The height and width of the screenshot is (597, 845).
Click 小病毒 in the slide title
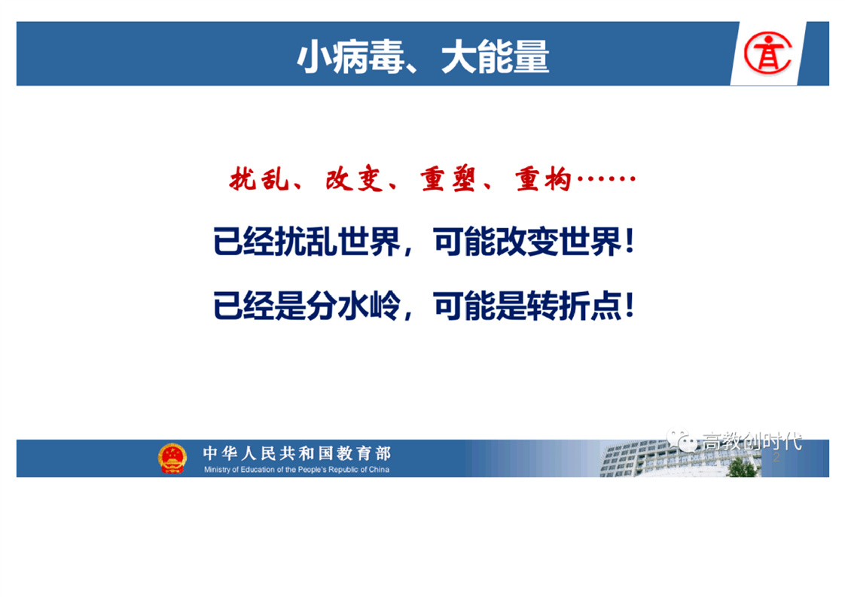coord(350,56)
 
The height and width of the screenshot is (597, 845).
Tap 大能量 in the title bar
coord(496,56)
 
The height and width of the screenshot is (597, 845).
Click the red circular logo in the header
coord(768,53)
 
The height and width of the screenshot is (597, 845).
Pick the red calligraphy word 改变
coord(354,179)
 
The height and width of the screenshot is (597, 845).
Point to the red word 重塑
coord(448,179)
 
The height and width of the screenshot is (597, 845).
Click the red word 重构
coord(543,179)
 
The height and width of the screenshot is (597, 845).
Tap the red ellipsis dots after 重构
coord(606,178)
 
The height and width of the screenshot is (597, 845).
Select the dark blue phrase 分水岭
coord(353,306)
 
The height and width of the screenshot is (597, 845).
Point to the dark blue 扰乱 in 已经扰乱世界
coord(306,242)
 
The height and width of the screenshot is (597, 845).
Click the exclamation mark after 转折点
coord(629,306)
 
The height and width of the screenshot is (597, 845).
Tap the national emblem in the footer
coord(172,458)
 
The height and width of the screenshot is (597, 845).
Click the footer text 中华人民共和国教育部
coord(297,453)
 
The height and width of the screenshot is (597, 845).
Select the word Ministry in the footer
coord(217,470)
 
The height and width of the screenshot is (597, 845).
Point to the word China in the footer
coord(379,470)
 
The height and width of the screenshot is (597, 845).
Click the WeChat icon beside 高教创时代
coord(681,440)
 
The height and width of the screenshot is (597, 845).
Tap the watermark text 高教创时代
coord(752,441)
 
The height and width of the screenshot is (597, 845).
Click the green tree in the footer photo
coord(743,468)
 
